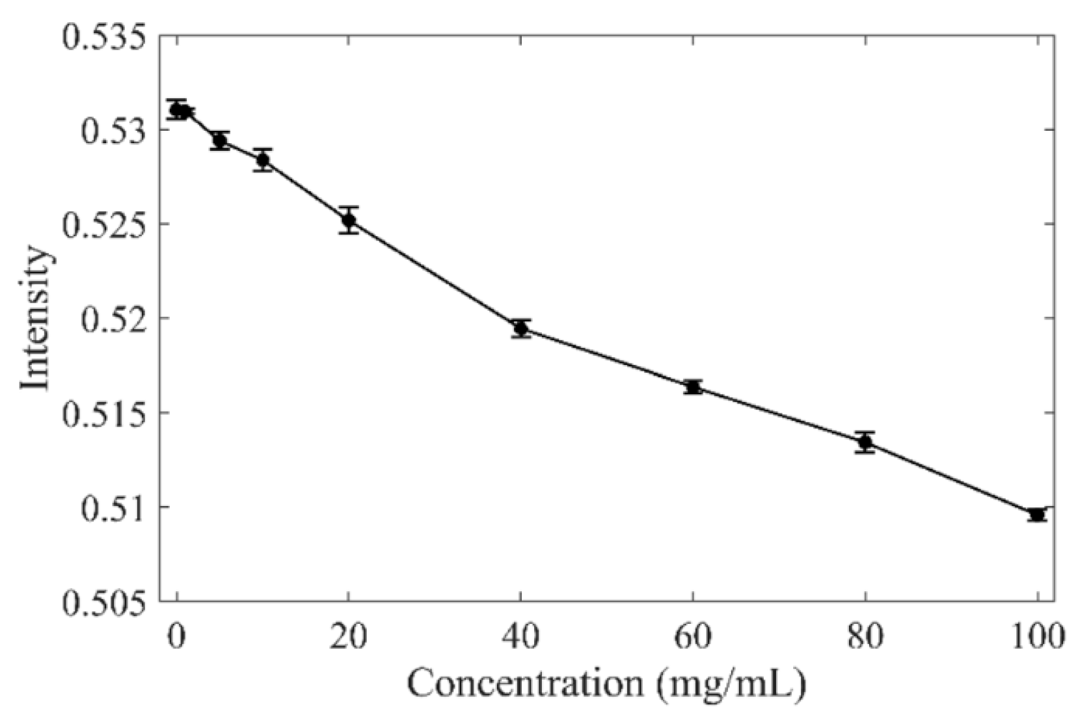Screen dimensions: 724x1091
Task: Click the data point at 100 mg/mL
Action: pos(1037,515)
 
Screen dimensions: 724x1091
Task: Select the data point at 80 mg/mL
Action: pos(865,442)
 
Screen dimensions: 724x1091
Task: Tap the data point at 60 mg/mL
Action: pos(693,387)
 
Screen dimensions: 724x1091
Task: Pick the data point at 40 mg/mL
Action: pos(520,328)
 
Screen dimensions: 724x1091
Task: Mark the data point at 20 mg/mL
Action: pos(349,220)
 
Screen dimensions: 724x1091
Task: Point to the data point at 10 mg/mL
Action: pos(263,159)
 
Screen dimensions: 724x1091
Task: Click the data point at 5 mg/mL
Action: pos(220,140)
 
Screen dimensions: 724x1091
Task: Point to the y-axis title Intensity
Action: pos(34,319)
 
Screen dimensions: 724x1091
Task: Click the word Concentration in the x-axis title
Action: pos(525,684)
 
